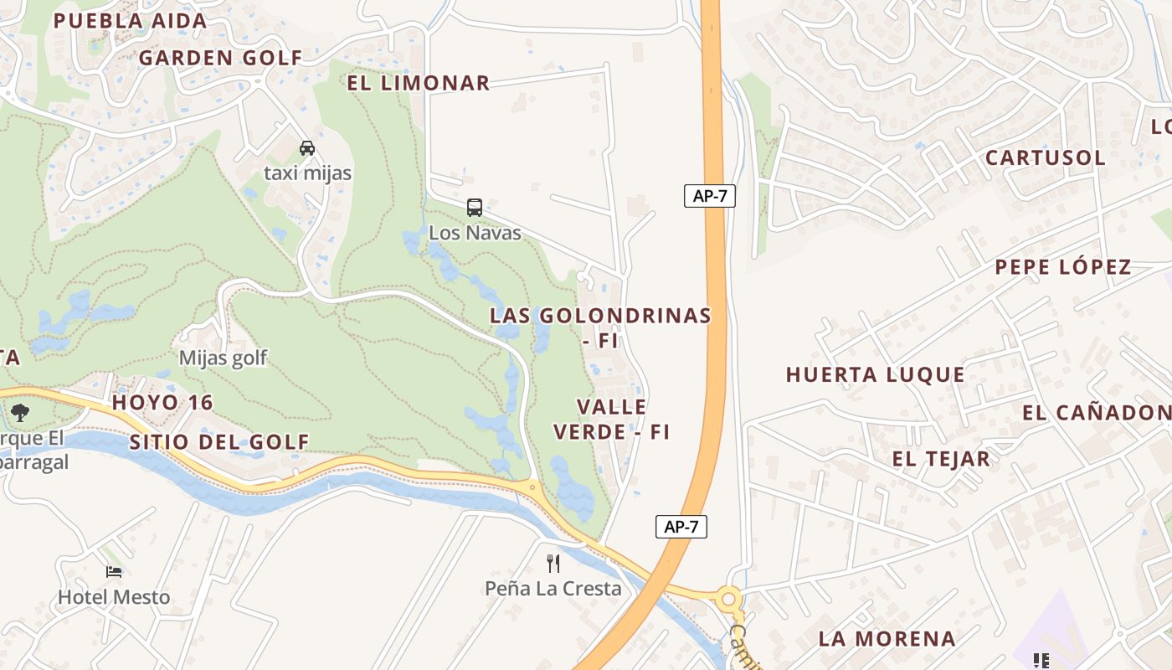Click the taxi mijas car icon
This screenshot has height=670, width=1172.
click(307, 148)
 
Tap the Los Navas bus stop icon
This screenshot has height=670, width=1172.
click(475, 208)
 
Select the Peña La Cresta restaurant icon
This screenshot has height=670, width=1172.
click(553, 563)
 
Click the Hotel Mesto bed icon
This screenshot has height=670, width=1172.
click(114, 572)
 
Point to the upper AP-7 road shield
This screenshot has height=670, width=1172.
click(709, 196)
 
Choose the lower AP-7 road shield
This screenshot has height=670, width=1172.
click(681, 527)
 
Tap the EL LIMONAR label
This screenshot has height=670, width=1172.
click(419, 83)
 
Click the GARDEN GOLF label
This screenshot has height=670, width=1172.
click(220, 58)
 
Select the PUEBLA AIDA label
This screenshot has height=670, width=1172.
click(130, 21)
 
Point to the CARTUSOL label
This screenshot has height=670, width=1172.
click(1045, 157)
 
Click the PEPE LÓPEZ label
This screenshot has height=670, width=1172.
click(1063, 267)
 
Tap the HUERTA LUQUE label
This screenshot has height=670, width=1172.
click(875, 374)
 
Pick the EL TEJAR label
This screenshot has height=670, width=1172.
click(941, 459)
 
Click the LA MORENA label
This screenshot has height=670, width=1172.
click(887, 639)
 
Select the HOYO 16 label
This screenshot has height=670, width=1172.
click(162, 402)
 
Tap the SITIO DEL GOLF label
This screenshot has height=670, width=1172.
click(219, 442)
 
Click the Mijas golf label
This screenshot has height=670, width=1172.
click(223, 358)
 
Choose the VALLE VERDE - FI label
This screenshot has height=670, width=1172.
click(612, 420)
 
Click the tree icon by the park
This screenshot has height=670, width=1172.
click(19, 412)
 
